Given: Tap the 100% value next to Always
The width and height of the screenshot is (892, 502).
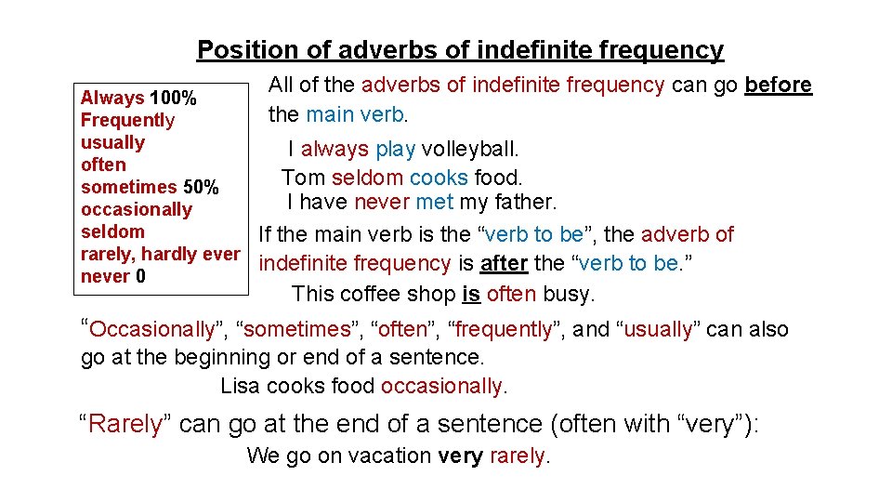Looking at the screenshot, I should [173, 98].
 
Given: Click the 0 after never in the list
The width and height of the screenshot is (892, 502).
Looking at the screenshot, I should [140, 276].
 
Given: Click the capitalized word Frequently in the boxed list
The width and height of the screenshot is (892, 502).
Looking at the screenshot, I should [127, 120].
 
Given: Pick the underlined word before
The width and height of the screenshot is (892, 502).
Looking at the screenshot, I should [779, 86].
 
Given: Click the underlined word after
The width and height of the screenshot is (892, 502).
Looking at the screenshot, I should [504, 264].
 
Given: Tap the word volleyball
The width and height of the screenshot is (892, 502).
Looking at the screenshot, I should [470, 149].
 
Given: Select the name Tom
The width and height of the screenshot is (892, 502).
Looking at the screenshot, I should [303, 177].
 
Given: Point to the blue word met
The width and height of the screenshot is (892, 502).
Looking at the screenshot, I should [435, 202].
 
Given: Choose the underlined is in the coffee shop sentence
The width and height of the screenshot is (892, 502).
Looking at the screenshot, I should [471, 295].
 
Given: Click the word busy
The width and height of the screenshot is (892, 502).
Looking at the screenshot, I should [569, 295].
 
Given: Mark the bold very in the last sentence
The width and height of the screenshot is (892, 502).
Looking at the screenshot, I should [460, 456].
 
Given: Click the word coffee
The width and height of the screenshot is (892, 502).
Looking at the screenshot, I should [369, 295].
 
